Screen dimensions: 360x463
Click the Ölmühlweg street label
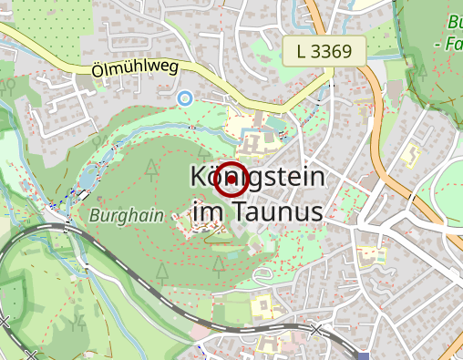tap(133, 68)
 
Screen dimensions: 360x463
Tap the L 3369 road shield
tap(324, 51)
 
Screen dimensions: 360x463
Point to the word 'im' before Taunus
tap(207, 212)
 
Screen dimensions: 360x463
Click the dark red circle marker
tap(232, 180)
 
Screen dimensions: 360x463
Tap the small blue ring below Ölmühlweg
tap(185, 98)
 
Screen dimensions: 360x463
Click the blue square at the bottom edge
tap(365, 356)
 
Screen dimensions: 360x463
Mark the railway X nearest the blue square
tap(316, 329)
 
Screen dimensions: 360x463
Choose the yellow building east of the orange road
tap(412, 153)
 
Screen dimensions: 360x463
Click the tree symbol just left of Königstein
tap(150, 167)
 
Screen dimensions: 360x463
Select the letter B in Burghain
tap(96, 217)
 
